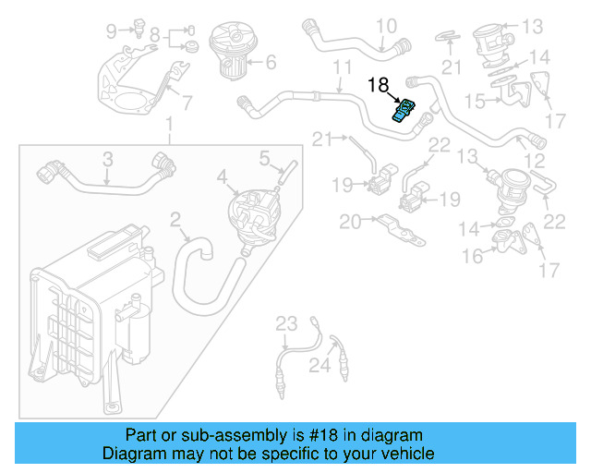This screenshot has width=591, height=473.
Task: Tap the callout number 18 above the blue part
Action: (379, 86)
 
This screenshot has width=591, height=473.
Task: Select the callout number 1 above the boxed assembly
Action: (168, 125)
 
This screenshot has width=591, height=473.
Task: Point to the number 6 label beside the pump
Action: (271, 64)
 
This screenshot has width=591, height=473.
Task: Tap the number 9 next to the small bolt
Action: (112, 31)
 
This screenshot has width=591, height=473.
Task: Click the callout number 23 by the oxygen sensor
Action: (287, 322)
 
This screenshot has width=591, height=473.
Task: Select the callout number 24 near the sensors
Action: (319, 367)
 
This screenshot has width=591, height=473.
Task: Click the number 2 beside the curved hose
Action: (175, 220)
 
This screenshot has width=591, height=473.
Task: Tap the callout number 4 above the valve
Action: (222, 176)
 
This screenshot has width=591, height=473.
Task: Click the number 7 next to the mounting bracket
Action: (186, 103)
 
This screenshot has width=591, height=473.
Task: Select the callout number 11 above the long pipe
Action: (343, 68)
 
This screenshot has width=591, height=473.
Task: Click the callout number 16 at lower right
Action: (473, 256)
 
